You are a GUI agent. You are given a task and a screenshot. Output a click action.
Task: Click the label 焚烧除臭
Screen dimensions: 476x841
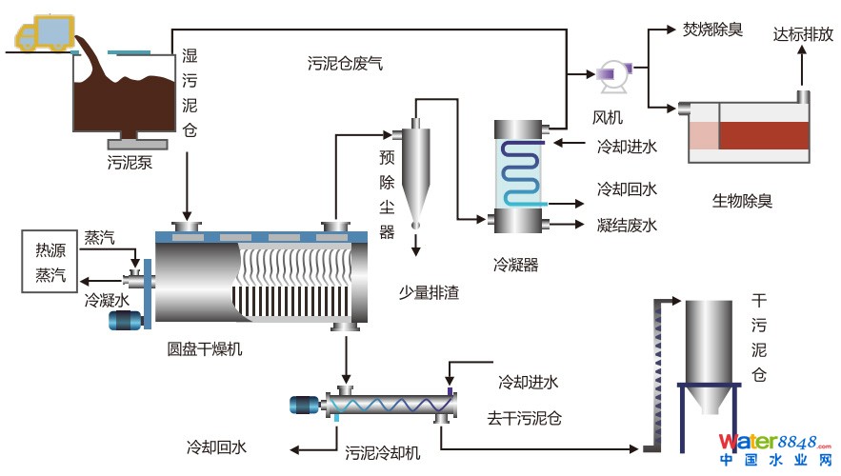tap(712, 30)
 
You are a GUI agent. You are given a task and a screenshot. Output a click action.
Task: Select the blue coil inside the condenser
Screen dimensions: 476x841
tap(520, 171)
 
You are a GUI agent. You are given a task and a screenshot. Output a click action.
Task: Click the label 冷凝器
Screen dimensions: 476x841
tap(516, 265)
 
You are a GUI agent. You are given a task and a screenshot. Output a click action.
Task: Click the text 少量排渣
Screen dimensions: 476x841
tap(429, 292)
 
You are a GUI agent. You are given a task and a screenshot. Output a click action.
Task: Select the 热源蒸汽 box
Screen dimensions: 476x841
tap(51, 263)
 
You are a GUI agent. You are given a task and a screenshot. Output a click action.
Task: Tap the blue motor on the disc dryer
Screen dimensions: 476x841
tap(124, 321)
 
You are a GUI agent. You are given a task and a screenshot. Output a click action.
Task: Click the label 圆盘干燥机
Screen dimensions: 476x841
tap(204, 348)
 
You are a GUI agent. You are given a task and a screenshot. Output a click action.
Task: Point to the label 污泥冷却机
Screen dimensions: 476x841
tap(382, 452)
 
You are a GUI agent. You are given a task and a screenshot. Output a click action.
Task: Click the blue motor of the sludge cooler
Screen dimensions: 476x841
tap(307, 405)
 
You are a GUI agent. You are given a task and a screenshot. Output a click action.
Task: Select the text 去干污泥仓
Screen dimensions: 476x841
tap(524, 418)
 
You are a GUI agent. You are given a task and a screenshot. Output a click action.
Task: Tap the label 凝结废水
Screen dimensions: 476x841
tap(627, 226)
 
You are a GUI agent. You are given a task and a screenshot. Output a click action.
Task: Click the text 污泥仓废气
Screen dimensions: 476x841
tap(345, 64)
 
